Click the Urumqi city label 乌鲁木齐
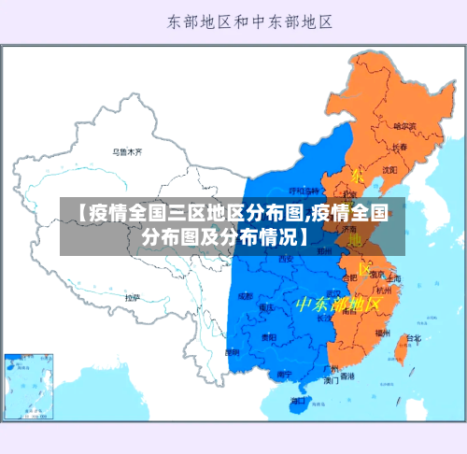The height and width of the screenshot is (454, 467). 127,150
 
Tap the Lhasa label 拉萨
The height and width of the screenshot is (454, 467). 133,297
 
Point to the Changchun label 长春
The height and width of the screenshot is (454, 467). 400,147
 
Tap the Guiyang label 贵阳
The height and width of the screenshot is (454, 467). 269,336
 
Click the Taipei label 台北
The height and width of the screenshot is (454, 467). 413,339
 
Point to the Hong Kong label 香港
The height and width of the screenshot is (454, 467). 347,376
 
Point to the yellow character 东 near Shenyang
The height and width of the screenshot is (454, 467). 357,175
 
